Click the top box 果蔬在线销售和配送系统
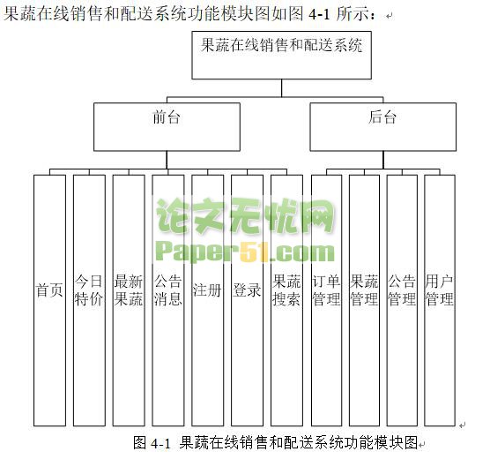pyautogui.click(x=281, y=55)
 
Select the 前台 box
pyautogui.click(x=167, y=127)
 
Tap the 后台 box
pyautogui.click(x=382, y=127)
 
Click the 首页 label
pyautogui.click(x=49, y=290)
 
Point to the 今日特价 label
pyautogui.click(x=89, y=290)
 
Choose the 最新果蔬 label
pyautogui.click(x=129, y=290)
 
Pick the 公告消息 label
pyautogui.click(x=167, y=290)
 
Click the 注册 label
pyautogui.click(x=207, y=290)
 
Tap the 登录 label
pyautogui.click(x=247, y=290)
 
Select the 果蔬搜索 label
pyautogui.click(x=286, y=290)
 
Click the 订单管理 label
pyautogui.click(x=326, y=290)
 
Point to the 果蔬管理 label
pyautogui.click(x=364, y=290)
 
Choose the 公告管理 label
pyautogui.click(x=402, y=290)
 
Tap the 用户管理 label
pyautogui.click(x=440, y=290)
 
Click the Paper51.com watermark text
pyautogui.click(x=245, y=252)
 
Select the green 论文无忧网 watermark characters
pyautogui.click(x=245, y=217)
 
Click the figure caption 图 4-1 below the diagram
pyautogui.click(x=152, y=443)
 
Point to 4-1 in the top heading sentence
pyautogui.click(x=319, y=14)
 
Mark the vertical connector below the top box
pyautogui.click(x=281, y=88)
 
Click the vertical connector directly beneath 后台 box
pyautogui.click(x=383, y=160)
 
